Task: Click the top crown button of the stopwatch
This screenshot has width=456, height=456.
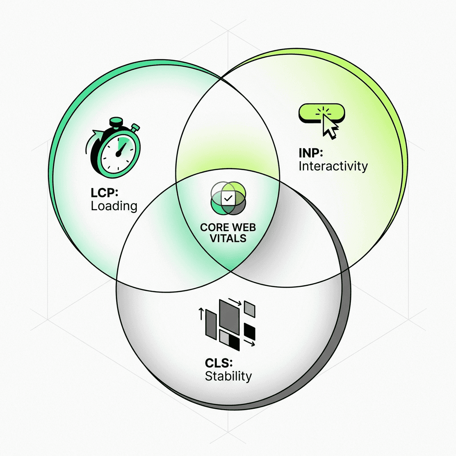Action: (x=117, y=121)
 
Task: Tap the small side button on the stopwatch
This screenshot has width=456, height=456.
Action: (x=135, y=129)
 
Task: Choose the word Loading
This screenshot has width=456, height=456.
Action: (x=114, y=206)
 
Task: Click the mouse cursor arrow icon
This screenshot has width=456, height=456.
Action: (x=330, y=126)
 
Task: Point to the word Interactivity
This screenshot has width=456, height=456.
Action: (x=333, y=167)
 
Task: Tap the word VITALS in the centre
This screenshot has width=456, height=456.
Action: (x=228, y=238)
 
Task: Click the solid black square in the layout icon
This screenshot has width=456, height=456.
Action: (x=250, y=332)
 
